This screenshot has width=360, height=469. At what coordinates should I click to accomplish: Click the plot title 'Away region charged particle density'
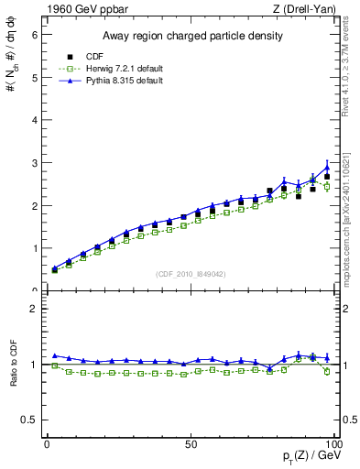tap(191, 37)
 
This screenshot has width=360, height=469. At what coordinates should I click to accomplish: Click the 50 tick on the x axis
tap(191, 444)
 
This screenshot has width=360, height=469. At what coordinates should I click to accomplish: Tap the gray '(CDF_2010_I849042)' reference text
tap(191, 273)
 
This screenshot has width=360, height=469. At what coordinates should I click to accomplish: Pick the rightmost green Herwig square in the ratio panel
tap(327, 372)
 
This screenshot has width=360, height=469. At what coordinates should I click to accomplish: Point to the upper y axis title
tap(12, 73)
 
